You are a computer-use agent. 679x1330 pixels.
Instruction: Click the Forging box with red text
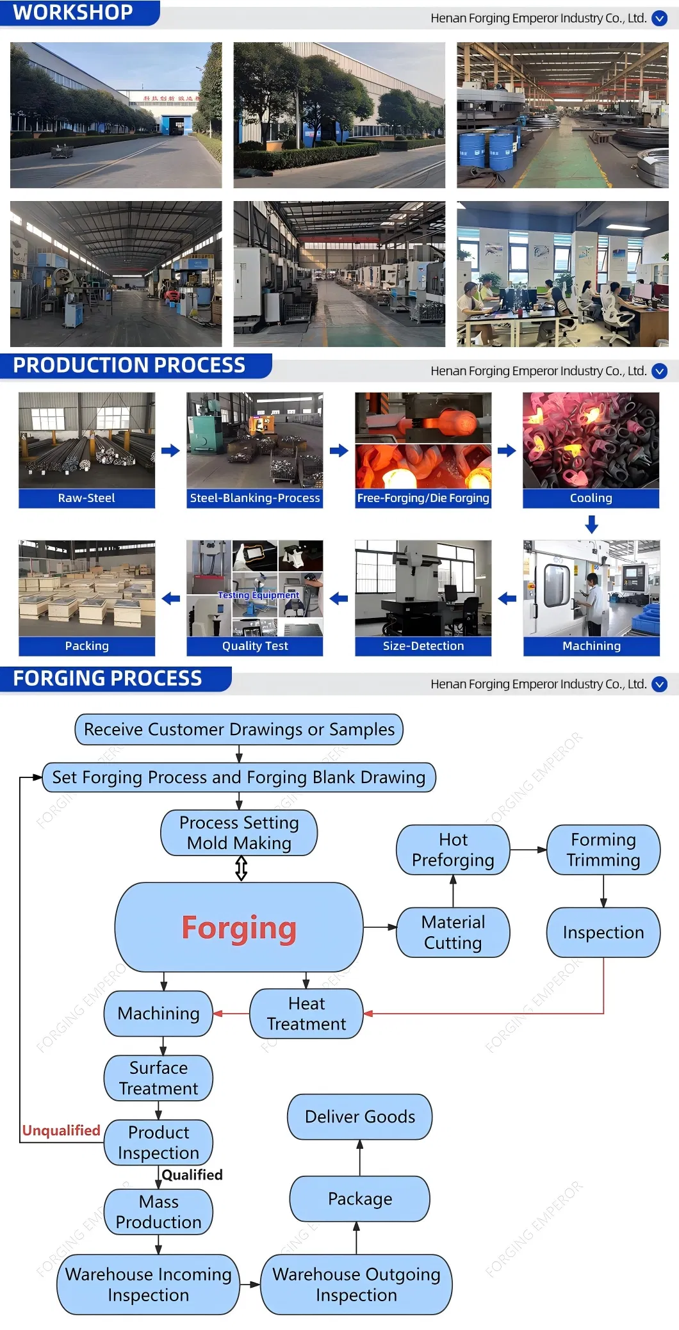point(239,927)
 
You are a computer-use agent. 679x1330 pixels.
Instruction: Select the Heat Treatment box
point(306,1014)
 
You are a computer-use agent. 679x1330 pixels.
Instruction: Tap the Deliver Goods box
point(359,1117)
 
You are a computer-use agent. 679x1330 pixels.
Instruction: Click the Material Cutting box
point(453,932)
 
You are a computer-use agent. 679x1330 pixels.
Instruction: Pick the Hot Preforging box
point(453,850)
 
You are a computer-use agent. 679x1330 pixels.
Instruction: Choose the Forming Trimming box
point(603,850)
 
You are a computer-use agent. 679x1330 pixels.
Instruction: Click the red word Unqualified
point(61,1130)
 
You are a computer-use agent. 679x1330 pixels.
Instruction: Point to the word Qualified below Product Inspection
point(192,1174)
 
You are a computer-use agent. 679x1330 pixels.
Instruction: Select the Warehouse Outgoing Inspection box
point(356,1285)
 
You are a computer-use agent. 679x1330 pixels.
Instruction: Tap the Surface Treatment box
point(158,1078)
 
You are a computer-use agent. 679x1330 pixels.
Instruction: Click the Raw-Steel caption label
point(86,498)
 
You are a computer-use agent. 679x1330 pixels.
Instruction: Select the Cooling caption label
point(591,498)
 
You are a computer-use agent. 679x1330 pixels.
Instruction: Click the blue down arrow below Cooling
point(591,525)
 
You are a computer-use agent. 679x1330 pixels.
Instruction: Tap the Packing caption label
point(86,646)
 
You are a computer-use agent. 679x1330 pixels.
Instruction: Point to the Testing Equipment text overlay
point(258,595)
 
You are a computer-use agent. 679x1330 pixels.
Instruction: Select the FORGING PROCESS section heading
point(107,678)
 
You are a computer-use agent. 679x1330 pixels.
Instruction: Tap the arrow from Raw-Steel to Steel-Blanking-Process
point(170,450)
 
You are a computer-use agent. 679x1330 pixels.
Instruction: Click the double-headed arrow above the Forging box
point(241,868)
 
